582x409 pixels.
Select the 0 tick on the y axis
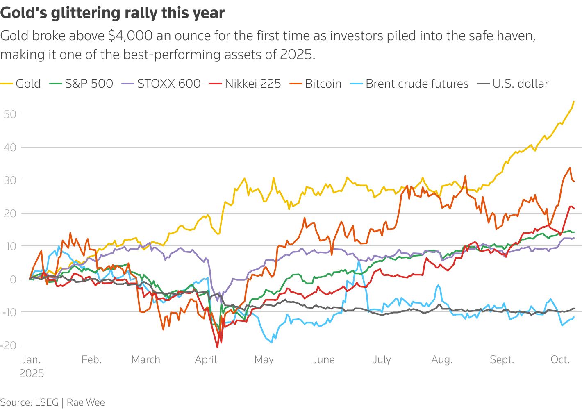pos(13,279)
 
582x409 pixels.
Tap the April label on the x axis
pos(206,360)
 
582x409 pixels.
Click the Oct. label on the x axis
pos(560,360)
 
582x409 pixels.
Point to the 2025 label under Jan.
pos(31,374)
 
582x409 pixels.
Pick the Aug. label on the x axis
pos(442,360)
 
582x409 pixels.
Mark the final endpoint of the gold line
pos(573,102)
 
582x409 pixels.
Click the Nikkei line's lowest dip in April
pos(217,348)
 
